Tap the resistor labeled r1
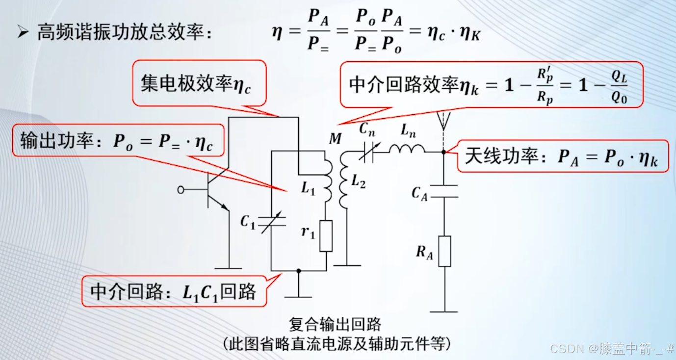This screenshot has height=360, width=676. pyautogui.click(x=326, y=236)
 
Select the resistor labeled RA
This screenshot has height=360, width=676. pyautogui.click(x=444, y=251)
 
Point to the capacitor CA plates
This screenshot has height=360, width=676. pyautogui.click(x=444, y=191)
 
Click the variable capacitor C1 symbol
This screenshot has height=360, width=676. pyautogui.click(x=272, y=223)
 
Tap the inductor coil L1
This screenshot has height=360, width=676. pyautogui.click(x=327, y=179)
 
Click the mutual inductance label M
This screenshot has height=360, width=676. pyautogui.click(x=335, y=139)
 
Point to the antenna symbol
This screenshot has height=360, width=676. pyautogui.click(x=443, y=121)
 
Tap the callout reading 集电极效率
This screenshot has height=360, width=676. pyautogui.click(x=199, y=83)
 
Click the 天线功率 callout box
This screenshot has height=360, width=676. pyautogui.click(x=563, y=156)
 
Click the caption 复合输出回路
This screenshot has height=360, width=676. pyautogui.click(x=335, y=325)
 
